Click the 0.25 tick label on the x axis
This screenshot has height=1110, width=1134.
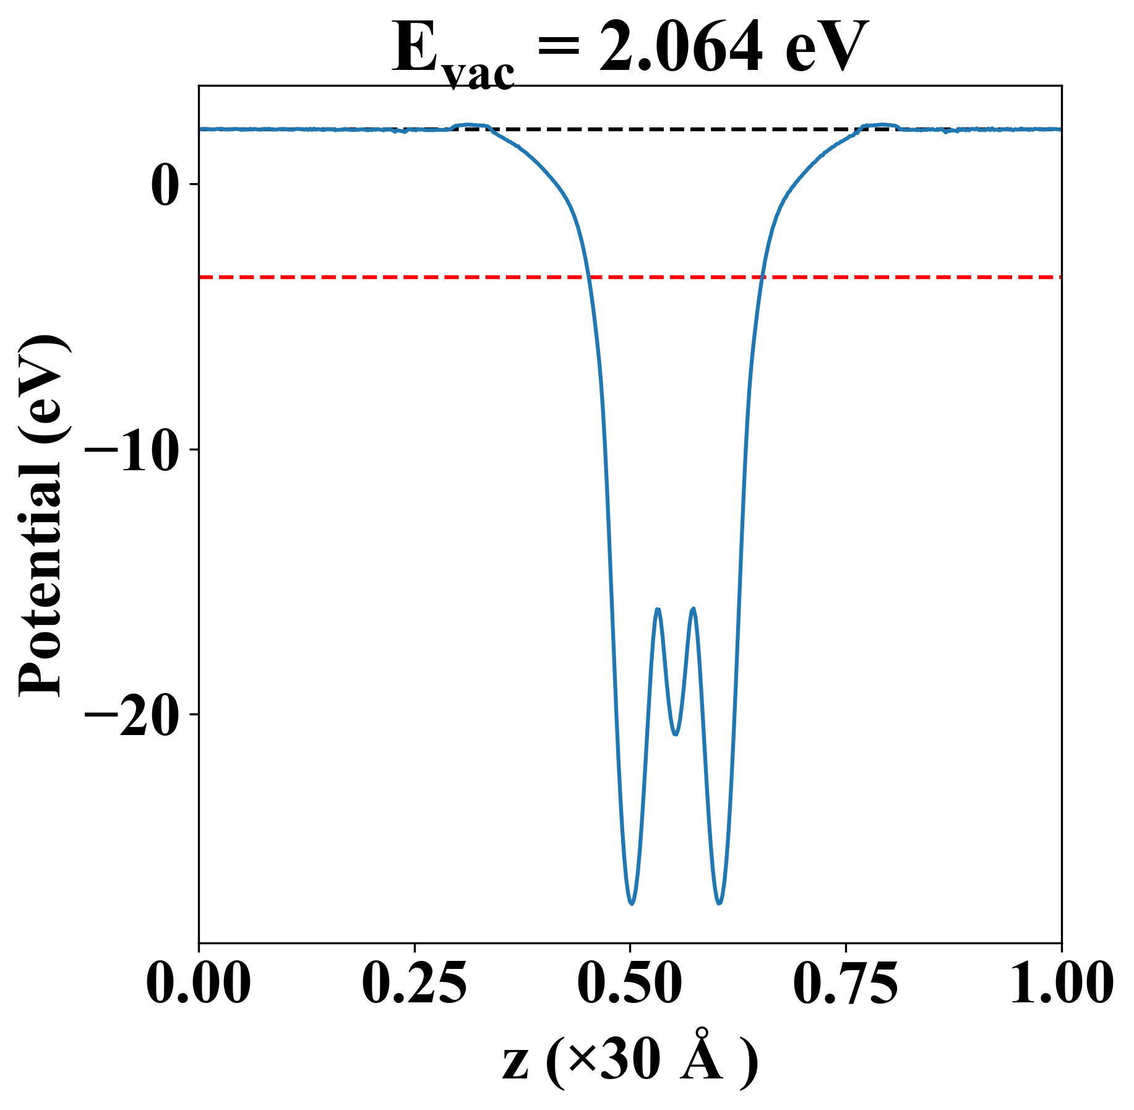coord(414,986)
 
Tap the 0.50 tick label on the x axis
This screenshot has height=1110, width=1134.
coord(630,986)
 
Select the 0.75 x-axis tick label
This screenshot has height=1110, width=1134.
coord(846,986)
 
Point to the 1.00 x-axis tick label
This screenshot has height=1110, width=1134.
coord(1060,986)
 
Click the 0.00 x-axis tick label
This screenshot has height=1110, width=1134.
coord(199,986)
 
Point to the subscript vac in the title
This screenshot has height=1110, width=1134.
coord(479,73)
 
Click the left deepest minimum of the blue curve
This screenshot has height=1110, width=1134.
coord(631,904)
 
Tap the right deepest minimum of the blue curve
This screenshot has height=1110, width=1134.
coord(719,903)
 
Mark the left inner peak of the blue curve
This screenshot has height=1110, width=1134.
coord(658,609)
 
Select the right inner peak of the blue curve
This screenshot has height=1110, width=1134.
coord(694,609)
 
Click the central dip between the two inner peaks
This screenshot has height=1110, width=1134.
coord(676,734)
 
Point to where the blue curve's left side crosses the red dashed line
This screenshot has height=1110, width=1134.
coord(589,277)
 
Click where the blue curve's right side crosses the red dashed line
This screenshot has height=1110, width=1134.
coord(763,277)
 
